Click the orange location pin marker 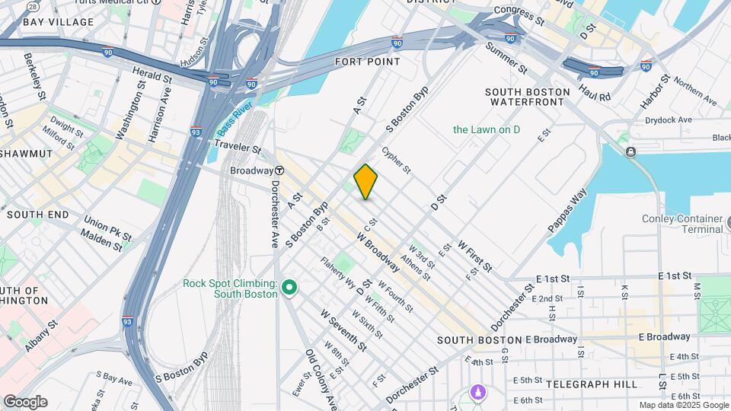[366, 181]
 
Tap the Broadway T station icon [279, 170]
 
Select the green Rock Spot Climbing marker [289, 288]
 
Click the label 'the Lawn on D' [487, 129]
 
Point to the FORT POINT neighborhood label [368, 61]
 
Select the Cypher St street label [396, 159]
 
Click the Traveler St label [238, 146]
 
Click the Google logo [25, 401]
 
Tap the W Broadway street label [378, 252]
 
